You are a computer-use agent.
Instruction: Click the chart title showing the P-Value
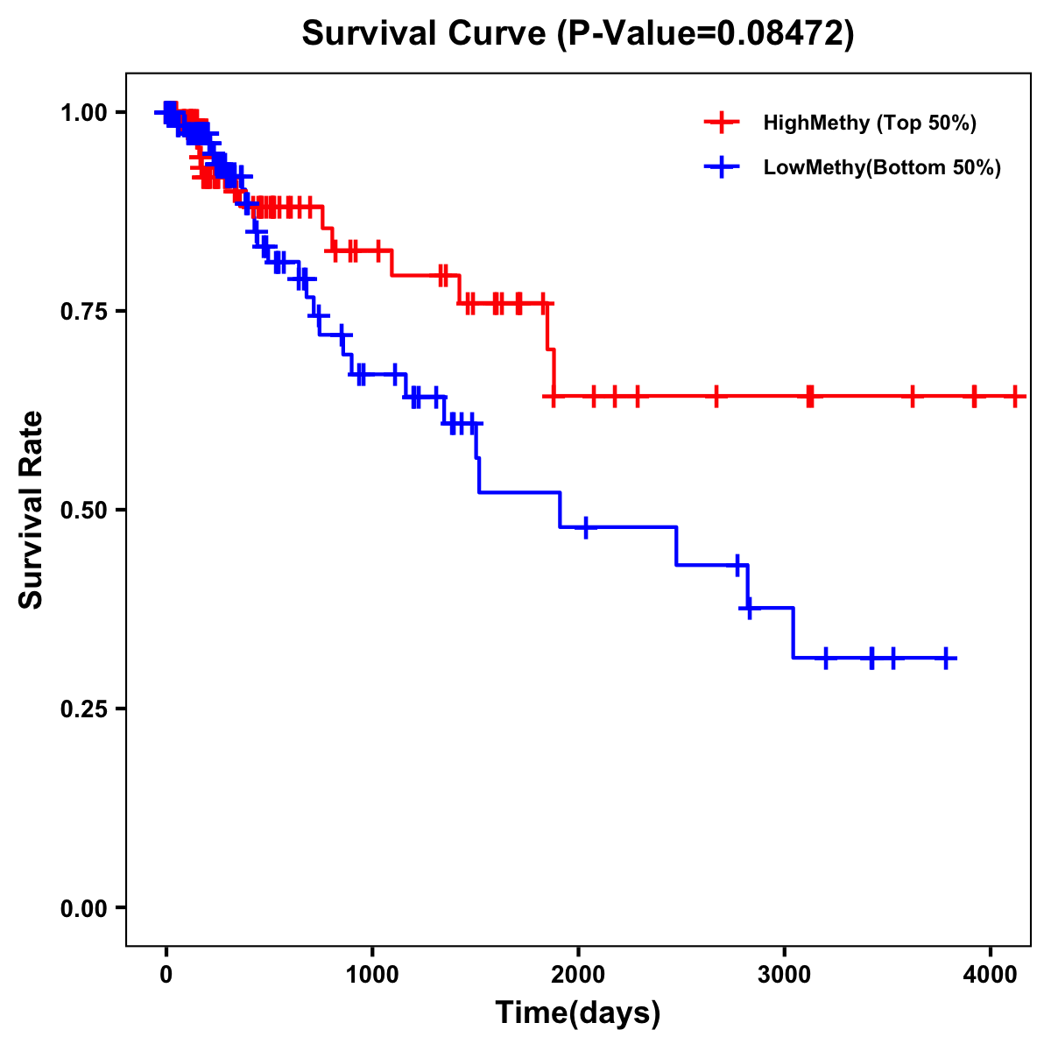578,34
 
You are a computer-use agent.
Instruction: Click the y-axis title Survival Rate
32,510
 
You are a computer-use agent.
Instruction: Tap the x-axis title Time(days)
578,1012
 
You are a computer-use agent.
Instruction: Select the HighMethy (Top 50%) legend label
870,123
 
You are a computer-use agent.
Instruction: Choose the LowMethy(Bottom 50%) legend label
882,167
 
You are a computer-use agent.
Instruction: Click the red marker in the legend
722,123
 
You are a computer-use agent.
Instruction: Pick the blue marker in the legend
722,167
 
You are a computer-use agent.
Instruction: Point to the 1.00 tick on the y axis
82,112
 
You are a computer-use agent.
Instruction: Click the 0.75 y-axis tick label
82,311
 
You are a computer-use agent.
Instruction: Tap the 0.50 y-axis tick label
82,510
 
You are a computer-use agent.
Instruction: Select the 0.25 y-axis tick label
82,709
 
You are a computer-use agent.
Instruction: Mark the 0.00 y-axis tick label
82,907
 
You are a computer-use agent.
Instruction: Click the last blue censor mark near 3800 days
947,658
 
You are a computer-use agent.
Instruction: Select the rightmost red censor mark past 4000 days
1015,396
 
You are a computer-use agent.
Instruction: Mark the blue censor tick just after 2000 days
585,526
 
